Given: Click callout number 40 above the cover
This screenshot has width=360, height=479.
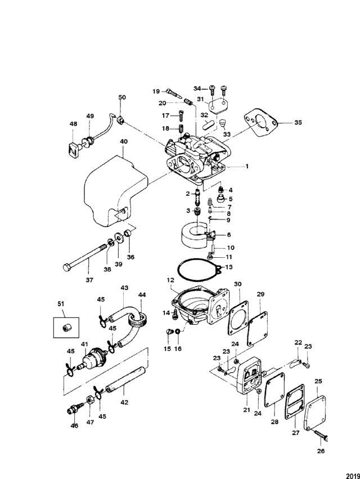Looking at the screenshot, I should click(123, 142).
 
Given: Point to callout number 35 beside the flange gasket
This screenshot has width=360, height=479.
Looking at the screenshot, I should click(298, 122).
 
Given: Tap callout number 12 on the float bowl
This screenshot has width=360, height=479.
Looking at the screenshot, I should click(169, 280).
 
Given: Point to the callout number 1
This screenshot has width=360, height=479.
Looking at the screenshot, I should click(246, 167).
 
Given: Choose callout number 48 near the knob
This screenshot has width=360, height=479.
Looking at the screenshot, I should click(73, 124).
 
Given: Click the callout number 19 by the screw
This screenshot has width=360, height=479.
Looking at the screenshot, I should click(156, 91).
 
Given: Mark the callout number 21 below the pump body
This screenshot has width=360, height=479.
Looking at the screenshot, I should click(246, 410).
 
